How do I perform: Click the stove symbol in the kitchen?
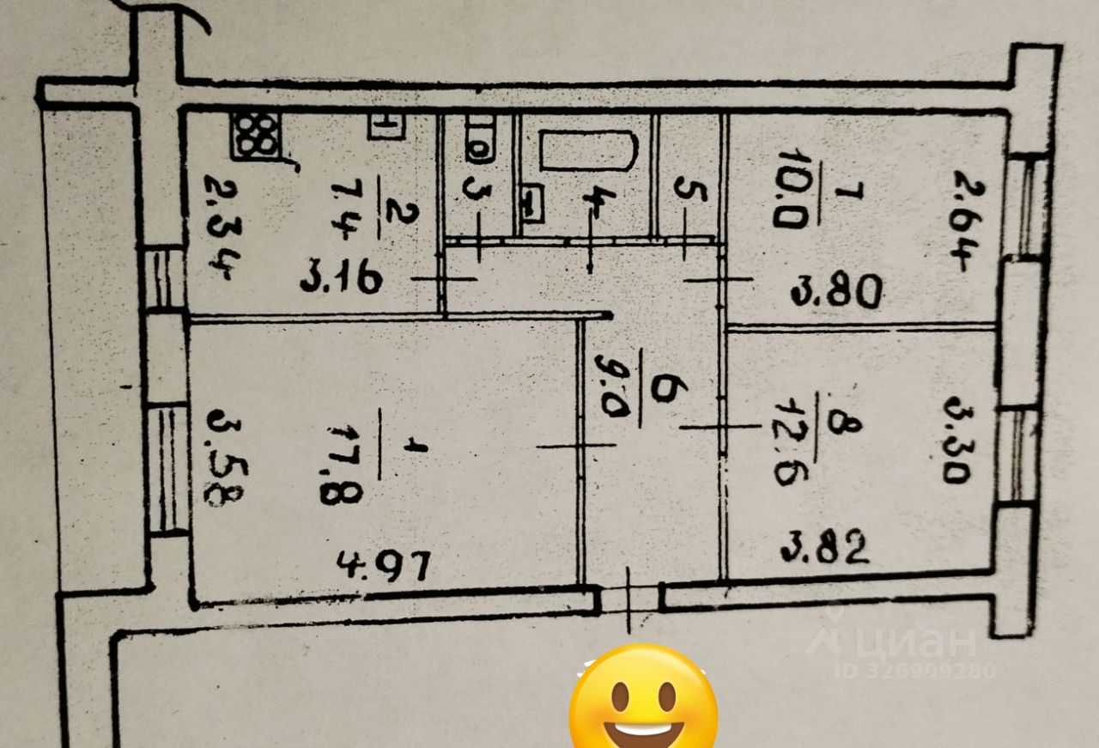tap(256, 137)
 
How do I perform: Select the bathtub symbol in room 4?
tap(589, 151)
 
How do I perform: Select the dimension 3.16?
tap(342, 279)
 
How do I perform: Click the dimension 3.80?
tap(836, 294)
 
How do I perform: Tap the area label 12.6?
tap(786, 453)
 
